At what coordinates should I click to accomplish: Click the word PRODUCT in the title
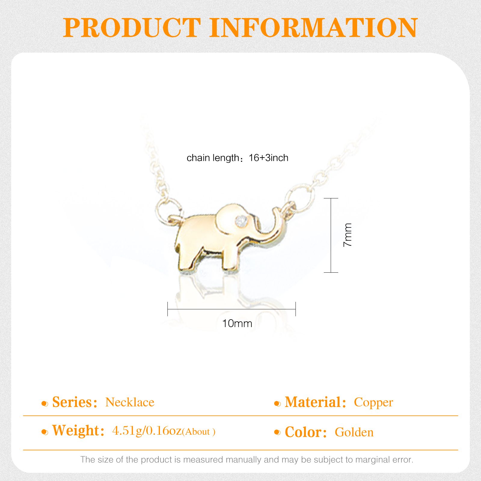132,28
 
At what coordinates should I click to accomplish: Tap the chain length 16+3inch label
237,158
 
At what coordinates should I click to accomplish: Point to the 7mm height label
348,235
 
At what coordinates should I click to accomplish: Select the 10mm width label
237,323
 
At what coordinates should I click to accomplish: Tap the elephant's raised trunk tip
276,210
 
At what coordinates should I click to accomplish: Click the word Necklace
130,402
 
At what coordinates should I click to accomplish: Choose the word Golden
354,432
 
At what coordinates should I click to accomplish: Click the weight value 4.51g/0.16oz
147,431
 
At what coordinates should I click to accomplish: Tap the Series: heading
75,402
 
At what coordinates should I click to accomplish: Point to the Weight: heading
78,431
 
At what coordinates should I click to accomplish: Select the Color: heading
306,432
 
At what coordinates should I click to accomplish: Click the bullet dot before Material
277,404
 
